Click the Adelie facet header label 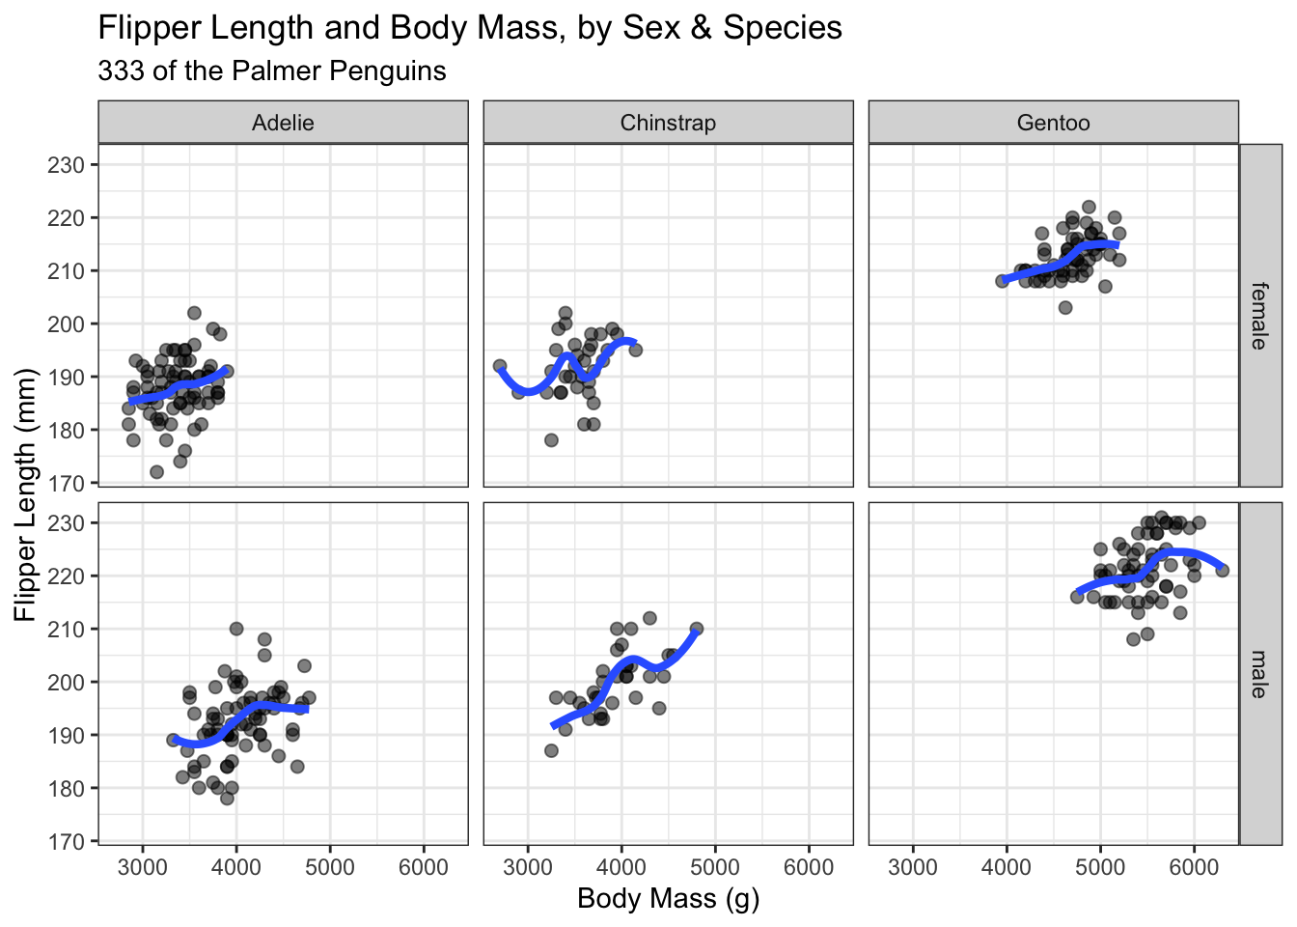(x=283, y=123)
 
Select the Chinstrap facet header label (x=668, y=123)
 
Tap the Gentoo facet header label (x=1053, y=123)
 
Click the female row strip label (x=1259, y=316)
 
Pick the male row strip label (x=1259, y=674)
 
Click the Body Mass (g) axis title (x=668, y=899)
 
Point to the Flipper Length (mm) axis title (x=25, y=494)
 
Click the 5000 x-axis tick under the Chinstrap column (x=715, y=867)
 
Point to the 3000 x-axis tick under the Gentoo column (x=913, y=867)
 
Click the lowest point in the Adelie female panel (x=156, y=472)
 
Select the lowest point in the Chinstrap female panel (x=551, y=440)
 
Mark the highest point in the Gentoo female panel (x=1089, y=207)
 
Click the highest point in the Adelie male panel (x=236, y=629)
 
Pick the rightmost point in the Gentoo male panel (x=1223, y=570)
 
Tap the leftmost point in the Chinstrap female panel (x=500, y=366)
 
